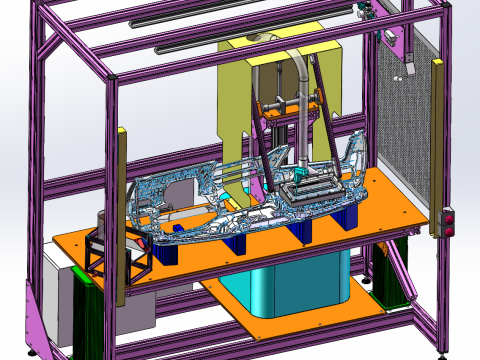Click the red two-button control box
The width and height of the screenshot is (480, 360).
(448, 221)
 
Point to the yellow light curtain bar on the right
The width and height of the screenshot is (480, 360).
(437, 140)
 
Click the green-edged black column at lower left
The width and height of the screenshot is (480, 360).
(85, 310)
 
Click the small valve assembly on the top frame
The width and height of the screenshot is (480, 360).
(365, 11)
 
